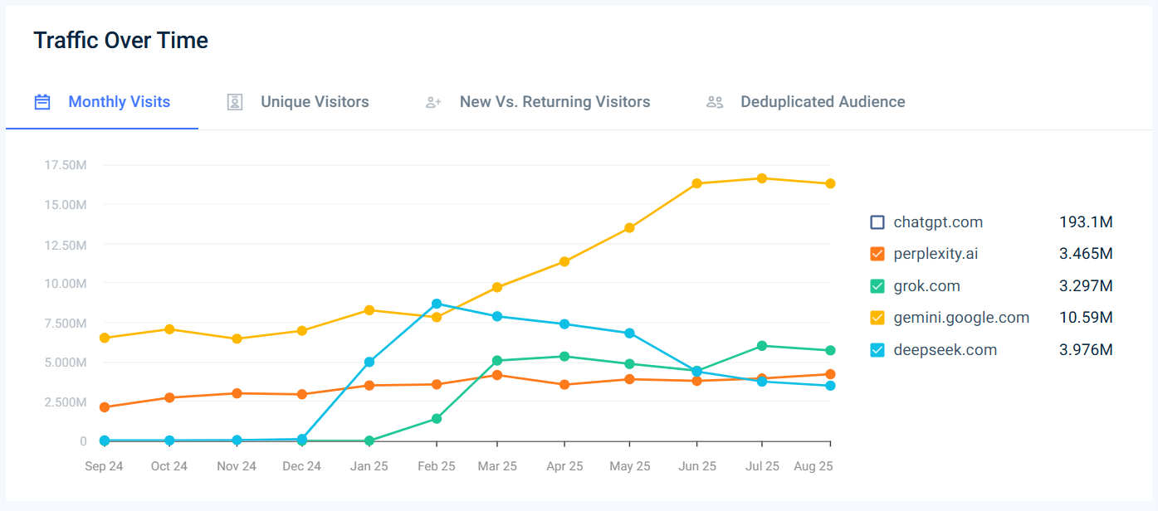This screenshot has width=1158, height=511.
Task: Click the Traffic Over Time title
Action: tap(120, 40)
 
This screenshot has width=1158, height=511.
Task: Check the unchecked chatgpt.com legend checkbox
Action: tap(877, 222)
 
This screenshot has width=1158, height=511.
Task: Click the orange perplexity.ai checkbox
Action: tap(877, 254)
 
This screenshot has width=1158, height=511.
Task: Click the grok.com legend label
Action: tap(926, 286)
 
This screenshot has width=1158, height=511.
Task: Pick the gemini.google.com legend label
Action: tap(961, 318)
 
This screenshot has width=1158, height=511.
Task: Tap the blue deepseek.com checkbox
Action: tap(877, 350)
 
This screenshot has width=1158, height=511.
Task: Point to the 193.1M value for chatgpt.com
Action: tap(1085, 222)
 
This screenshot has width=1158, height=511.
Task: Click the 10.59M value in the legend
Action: tap(1085, 318)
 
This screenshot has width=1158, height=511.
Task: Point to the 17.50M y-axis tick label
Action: tap(66, 165)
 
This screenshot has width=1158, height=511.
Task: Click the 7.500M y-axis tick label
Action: tap(66, 323)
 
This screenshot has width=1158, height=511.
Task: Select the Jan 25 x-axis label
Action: tap(369, 466)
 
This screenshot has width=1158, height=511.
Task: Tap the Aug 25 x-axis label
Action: tap(814, 466)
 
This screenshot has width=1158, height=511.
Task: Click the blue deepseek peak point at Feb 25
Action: tap(437, 304)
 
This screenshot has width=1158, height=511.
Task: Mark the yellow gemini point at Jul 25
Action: tap(761, 178)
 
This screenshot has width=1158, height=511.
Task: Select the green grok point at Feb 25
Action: tap(437, 419)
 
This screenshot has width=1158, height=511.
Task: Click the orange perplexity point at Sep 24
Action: tap(104, 407)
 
